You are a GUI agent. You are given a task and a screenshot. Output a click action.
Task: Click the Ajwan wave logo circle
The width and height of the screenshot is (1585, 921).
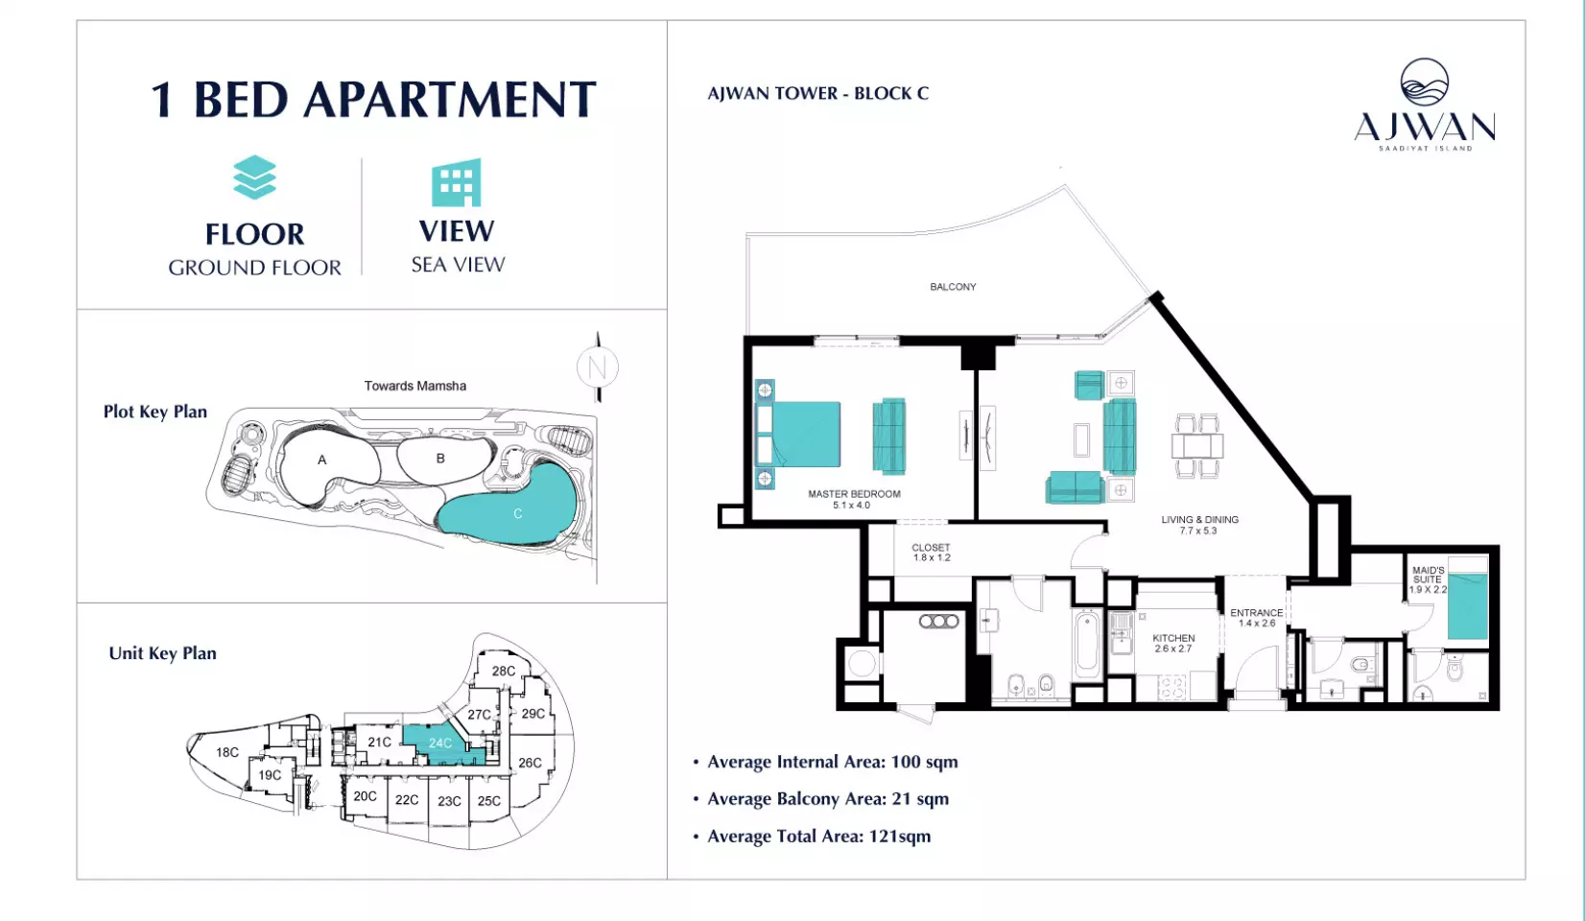click(1424, 83)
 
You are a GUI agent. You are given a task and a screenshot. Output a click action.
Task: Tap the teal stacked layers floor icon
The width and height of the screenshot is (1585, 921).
click(254, 177)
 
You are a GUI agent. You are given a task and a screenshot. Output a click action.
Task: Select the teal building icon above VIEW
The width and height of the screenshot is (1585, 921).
click(457, 182)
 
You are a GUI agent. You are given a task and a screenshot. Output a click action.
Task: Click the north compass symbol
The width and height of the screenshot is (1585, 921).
click(598, 367)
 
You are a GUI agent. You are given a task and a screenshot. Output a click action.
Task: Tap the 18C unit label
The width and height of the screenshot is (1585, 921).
click(227, 752)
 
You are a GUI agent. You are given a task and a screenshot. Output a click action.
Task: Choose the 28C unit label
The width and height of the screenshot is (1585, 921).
click(504, 671)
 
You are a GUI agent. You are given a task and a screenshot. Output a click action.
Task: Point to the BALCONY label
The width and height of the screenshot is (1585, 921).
click(953, 287)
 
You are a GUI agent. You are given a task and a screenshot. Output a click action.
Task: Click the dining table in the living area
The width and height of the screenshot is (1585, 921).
click(1197, 446)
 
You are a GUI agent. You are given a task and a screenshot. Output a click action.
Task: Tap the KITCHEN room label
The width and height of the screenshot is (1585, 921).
click(1173, 638)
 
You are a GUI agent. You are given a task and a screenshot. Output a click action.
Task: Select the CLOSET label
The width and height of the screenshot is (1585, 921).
click(931, 548)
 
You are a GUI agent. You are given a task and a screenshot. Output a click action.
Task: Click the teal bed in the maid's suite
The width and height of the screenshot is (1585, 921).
click(1468, 598)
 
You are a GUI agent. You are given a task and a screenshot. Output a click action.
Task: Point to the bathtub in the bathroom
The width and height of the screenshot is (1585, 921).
click(1088, 644)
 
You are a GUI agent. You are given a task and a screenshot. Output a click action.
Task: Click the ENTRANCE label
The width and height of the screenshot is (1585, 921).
click(1257, 613)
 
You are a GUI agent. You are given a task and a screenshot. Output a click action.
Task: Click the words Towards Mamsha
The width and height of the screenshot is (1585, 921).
click(415, 386)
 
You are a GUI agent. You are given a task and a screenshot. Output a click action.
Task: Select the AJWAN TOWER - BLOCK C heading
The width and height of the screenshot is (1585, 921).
click(818, 93)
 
